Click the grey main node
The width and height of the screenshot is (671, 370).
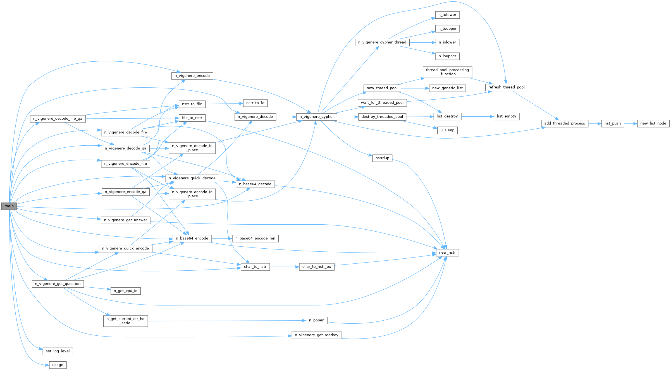click(x=9, y=206)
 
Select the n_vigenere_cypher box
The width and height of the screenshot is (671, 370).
click(x=317, y=117)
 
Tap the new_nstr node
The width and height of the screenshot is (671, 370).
click(x=447, y=253)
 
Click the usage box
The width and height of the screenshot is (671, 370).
click(x=58, y=365)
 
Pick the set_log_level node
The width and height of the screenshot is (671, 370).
click(x=58, y=351)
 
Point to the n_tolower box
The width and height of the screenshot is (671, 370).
click(x=447, y=15)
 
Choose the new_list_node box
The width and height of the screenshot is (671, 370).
click(x=653, y=124)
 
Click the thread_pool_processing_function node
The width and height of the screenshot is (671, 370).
click(x=447, y=72)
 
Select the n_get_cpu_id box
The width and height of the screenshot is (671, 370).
click(x=125, y=291)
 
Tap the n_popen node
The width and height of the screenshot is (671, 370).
click(x=316, y=320)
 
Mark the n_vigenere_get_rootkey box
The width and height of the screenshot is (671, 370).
click(x=316, y=335)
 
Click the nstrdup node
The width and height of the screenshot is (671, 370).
click(x=382, y=158)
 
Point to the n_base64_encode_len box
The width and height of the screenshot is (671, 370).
click(x=255, y=239)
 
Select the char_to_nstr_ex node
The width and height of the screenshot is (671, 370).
click(x=316, y=267)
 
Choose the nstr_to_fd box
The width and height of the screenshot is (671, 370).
click(x=255, y=103)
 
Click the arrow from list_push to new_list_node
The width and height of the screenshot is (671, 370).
click(x=631, y=124)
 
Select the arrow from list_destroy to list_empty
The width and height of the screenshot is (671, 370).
click(x=477, y=117)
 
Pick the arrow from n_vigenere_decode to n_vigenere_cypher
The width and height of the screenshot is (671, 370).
click(x=286, y=117)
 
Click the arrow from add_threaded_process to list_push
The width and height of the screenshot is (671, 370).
click(x=595, y=124)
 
